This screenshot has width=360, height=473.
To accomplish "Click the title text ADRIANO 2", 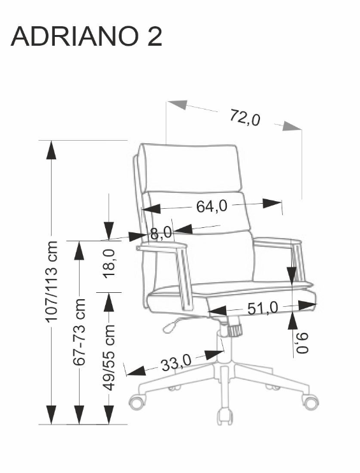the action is (87, 36).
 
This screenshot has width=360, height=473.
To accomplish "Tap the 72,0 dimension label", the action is (245, 117).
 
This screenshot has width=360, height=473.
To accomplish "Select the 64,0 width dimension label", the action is (212, 207).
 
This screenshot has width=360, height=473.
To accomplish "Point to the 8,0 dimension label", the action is (161, 233).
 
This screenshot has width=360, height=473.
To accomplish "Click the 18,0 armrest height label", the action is (109, 263).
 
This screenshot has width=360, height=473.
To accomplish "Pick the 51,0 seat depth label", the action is (263, 308).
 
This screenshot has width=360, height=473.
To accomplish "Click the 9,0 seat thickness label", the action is (302, 342).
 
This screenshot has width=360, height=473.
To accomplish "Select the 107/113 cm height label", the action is (51, 281).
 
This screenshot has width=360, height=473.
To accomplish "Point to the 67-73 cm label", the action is (80, 332).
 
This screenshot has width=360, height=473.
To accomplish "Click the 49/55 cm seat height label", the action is (109, 358).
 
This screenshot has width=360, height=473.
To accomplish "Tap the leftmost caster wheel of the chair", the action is (138, 402).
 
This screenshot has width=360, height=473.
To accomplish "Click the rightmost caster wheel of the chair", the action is (310, 402).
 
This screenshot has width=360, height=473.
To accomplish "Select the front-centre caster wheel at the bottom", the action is (225, 416).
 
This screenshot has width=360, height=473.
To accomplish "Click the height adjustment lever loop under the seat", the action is (171, 327).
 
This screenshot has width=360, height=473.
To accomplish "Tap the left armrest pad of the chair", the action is (161, 246).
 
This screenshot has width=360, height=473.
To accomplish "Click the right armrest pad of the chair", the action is (277, 241).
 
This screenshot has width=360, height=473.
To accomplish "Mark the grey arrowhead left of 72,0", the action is (178, 104).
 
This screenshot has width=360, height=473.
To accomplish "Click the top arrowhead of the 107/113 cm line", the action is (52, 150).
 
